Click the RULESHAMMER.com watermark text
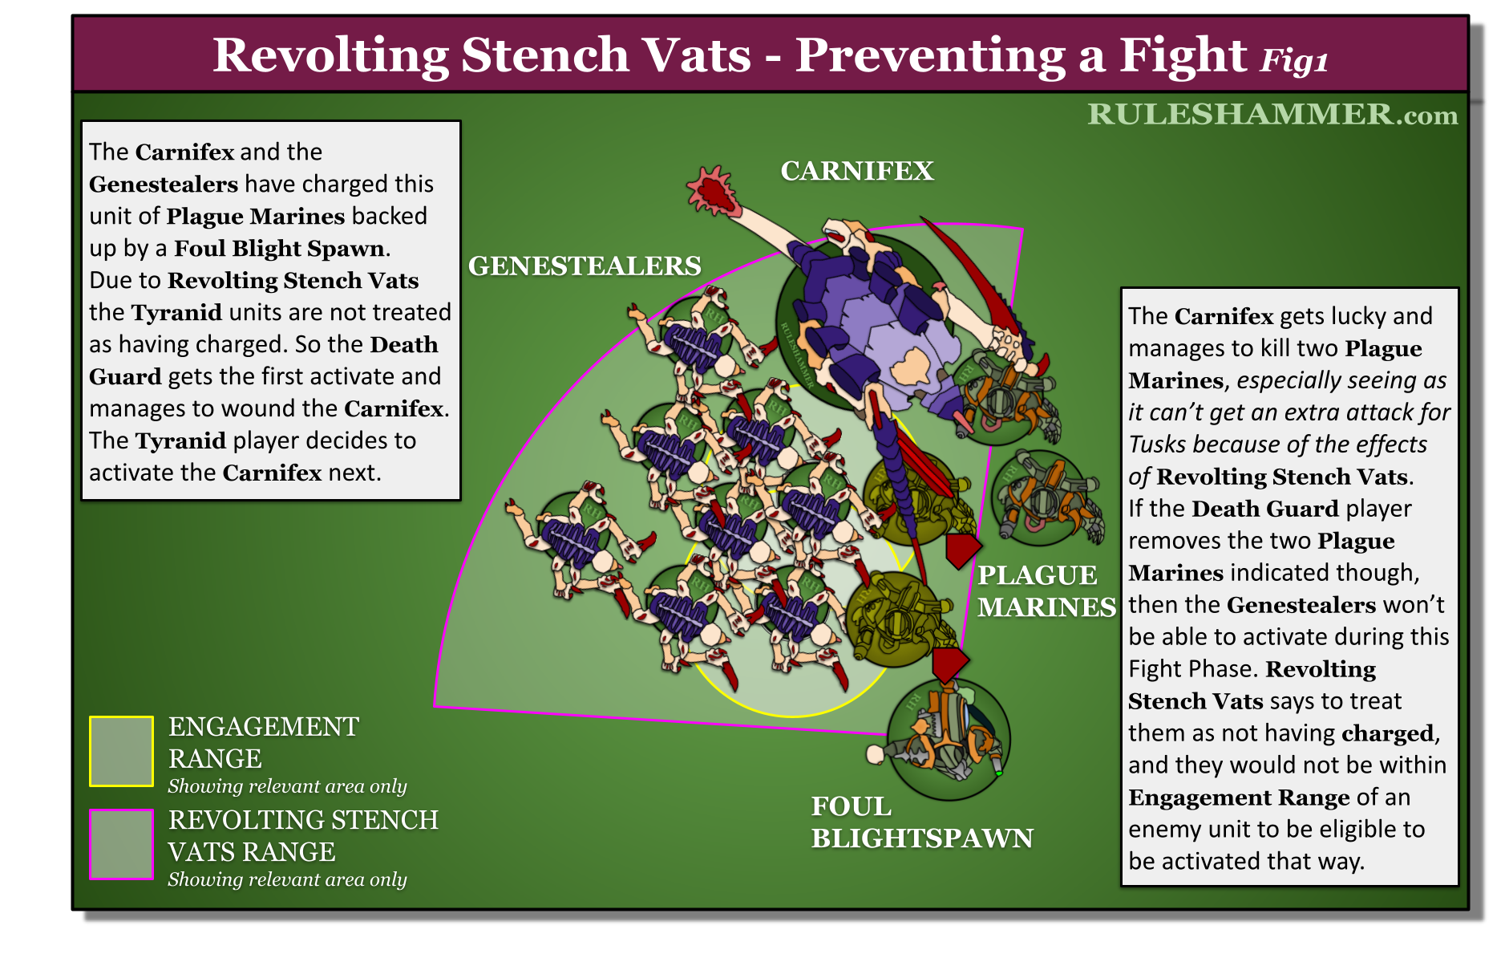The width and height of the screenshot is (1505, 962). point(1272,114)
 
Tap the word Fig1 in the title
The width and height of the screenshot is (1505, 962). point(1294,60)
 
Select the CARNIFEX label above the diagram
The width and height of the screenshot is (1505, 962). point(857,171)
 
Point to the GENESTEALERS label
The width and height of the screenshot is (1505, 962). point(585,266)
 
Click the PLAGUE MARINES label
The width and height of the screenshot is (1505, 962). point(1046,591)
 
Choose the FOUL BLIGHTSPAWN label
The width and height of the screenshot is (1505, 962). point(922,822)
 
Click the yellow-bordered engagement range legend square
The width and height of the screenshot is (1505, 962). point(121,751)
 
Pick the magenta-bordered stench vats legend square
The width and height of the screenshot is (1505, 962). point(121,844)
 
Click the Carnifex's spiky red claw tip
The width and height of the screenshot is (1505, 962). point(710,190)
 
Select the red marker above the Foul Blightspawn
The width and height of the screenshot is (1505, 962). point(949,664)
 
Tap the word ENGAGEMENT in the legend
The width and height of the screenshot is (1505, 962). point(264,726)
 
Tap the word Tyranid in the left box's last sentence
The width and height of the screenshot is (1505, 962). point(180,440)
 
